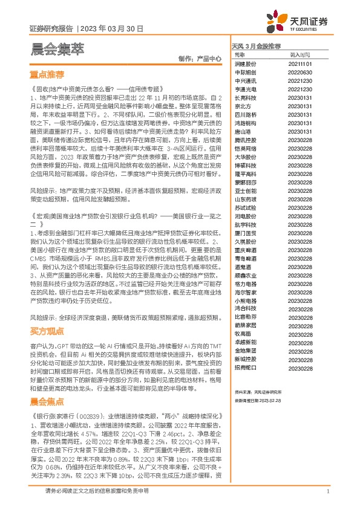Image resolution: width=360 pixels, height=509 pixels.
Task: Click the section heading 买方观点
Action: point(47,331)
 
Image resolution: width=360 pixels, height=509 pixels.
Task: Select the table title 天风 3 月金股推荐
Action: point(257,45)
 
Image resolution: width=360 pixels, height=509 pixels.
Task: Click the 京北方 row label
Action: point(243,106)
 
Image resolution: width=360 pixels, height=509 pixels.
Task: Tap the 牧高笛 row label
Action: point(243,333)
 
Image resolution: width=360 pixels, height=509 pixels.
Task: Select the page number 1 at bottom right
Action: point(327,491)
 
